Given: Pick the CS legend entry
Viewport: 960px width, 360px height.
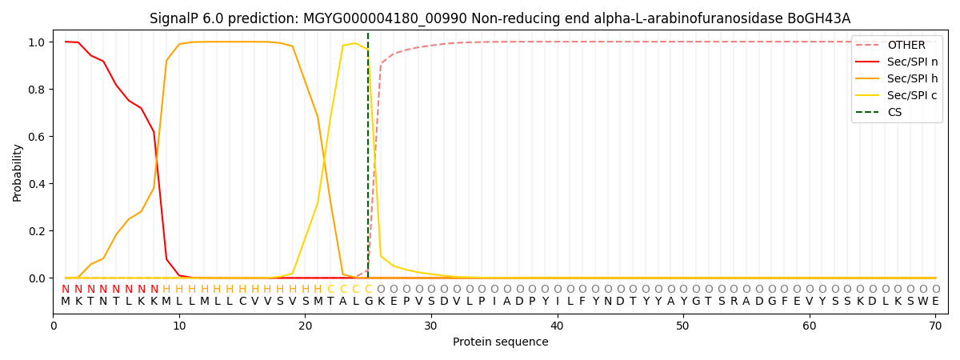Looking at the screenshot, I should [x=894, y=113].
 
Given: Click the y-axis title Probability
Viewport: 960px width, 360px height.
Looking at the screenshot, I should [x=18, y=172].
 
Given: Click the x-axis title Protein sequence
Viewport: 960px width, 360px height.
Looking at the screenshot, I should [x=501, y=342].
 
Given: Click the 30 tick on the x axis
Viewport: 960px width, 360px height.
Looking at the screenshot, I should [x=431, y=326].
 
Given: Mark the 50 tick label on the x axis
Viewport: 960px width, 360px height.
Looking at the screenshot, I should [x=683, y=326].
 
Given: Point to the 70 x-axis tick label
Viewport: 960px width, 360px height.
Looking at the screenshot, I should [x=935, y=326].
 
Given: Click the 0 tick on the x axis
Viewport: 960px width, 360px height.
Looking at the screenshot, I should [x=54, y=326].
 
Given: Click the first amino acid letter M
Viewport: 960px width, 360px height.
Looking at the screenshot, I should [x=66, y=302].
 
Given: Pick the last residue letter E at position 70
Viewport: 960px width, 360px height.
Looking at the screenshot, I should [x=935, y=302].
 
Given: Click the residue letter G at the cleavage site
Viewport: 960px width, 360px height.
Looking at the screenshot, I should [x=368, y=302].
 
